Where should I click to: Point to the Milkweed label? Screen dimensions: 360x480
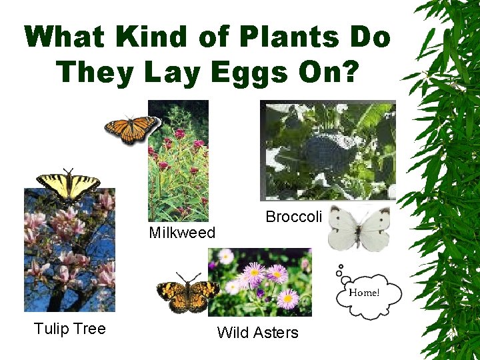point(182,233)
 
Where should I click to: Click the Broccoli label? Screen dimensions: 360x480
point(293,217)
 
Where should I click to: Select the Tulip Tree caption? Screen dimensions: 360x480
point(69,329)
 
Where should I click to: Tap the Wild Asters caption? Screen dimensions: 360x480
point(258,333)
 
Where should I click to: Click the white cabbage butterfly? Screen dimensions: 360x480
point(359,227)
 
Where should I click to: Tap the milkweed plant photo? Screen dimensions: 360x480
point(178,160)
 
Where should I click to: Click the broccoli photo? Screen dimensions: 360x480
point(327,150)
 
